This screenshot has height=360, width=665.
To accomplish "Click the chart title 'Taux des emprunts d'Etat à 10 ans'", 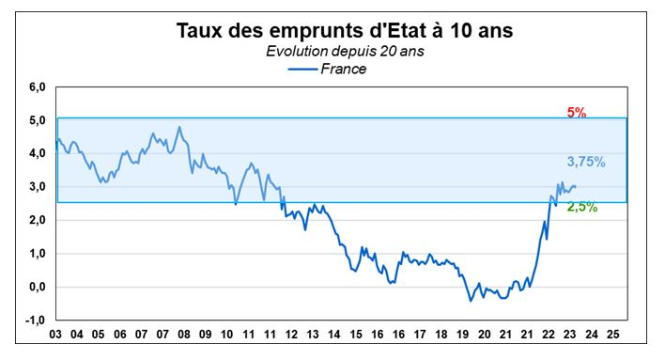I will [346, 30].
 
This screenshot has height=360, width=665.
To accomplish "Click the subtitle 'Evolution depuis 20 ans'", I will [345, 51].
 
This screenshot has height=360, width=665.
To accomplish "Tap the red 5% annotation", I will [576, 113].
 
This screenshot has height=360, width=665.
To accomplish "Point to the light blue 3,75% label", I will [585, 162].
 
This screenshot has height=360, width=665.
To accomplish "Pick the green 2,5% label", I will [582, 207].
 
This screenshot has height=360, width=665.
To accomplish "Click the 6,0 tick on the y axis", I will [35, 87].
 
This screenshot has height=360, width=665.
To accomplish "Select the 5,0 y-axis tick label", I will [35, 121].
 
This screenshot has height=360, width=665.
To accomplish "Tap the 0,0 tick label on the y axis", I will [35, 288].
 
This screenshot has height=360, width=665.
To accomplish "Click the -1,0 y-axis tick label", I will [34, 321].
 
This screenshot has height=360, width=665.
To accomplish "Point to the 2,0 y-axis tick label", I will [35, 221].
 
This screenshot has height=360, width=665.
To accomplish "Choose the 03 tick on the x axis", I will [57, 335].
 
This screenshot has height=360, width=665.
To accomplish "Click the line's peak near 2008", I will [179, 128].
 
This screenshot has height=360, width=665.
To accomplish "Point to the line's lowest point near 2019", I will [470, 301].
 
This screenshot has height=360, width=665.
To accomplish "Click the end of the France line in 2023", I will [576, 186].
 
